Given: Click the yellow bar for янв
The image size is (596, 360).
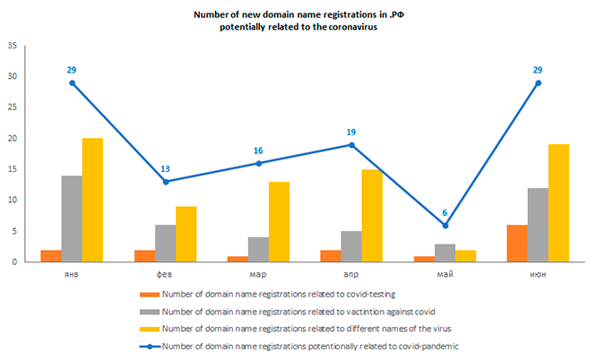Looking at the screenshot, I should pyautogui.click(x=92, y=200).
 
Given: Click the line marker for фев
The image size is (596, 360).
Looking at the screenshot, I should pyautogui.click(x=165, y=182).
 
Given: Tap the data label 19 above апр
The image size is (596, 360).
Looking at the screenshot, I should pyautogui.click(x=351, y=133).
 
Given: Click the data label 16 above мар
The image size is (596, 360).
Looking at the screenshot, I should pyautogui.click(x=258, y=151).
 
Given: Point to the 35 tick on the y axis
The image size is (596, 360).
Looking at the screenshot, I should pyautogui.click(x=12, y=46).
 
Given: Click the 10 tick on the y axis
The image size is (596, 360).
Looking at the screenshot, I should pyautogui.click(x=12, y=201).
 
